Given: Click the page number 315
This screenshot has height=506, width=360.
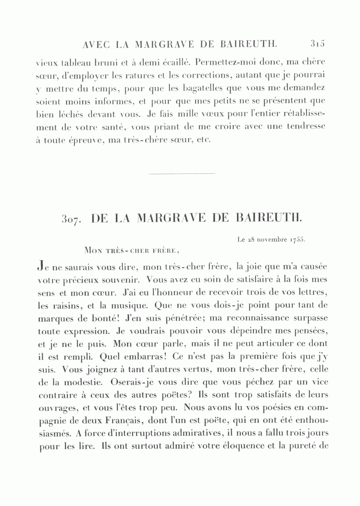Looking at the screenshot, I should [x=316, y=43].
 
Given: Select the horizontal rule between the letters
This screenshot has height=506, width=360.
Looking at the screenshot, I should [x=182, y=173].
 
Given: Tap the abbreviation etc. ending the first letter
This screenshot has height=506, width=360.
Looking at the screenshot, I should [x=204, y=140].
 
